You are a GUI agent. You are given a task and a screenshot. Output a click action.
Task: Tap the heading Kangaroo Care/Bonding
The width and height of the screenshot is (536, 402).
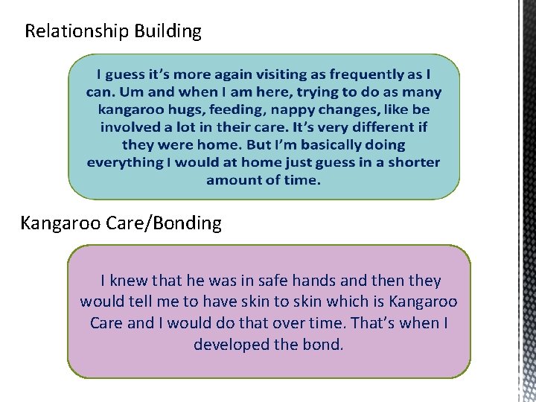pyautogui.click(x=121, y=223)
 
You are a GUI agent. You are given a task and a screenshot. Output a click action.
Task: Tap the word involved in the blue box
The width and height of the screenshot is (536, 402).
pyautogui.click(x=131, y=127)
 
